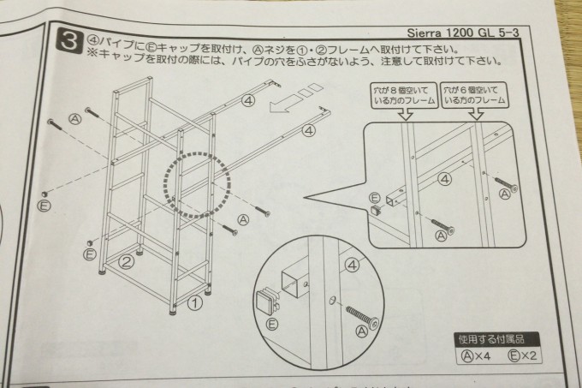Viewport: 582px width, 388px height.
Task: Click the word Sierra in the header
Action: pos(425,33)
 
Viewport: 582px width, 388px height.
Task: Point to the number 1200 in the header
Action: pos(460,33)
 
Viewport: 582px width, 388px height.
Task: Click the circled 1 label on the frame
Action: pos(194,303)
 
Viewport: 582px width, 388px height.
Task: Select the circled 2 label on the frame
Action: pos(126,262)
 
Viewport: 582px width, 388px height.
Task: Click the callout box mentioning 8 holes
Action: pos(404,96)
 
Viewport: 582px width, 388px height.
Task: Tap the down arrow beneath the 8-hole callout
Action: pos(407,114)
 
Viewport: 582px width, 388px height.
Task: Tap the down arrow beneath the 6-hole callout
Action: pos(476,114)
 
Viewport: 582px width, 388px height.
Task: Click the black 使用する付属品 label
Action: pos(492,339)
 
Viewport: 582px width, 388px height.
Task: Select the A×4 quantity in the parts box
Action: pos(476,356)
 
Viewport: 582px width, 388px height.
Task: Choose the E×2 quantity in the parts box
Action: pos(522,355)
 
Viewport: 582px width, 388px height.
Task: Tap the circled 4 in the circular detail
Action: pos(352,266)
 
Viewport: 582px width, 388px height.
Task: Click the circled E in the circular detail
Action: pos(272,325)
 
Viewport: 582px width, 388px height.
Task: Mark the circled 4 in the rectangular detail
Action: pos(444,180)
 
